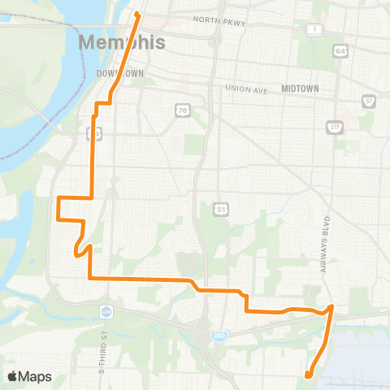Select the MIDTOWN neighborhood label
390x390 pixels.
click(x=300, y=88)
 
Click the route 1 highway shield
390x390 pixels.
click(x=313, y=30)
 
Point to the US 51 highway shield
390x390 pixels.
click(x=220, y=210)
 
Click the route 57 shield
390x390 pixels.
click(x=370, y=102)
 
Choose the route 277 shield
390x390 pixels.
click(x=334, y=127)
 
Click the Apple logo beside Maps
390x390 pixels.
click(x=13, y=376)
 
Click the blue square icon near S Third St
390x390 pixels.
click(x=106, y=312)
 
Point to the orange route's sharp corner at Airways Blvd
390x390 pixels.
click(x=331, y=307)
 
